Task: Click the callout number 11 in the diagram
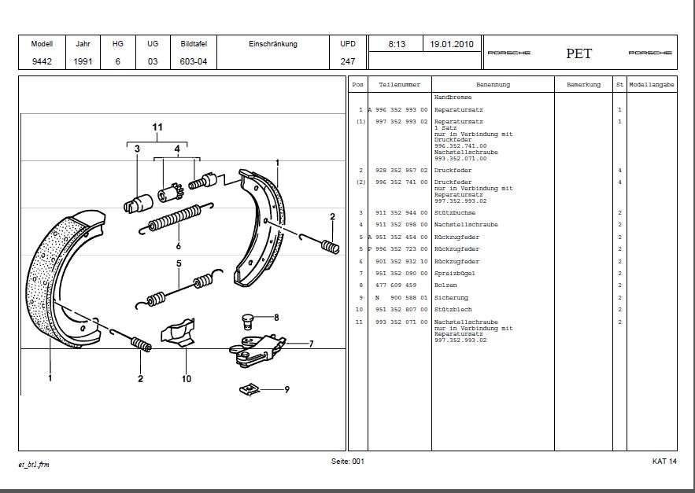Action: (x=157, y=127)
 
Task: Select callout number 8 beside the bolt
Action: (x=275, y=318)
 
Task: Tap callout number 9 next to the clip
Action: (x=287, y=388)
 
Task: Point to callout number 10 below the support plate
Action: (x=187, y=378)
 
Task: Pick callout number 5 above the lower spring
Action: (x=179, y=264)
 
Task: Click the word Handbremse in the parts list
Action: (x=453, y=97)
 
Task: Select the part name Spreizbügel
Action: (x=454, y=274)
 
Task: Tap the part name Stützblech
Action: (x=453, y=310)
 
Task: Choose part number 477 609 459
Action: (x=397, y=285)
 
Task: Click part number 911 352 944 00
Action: (x=402, y=212)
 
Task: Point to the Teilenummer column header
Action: (x=399, y=85)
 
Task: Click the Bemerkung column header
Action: (x=583, y=85)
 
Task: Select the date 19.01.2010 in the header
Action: (x=452, y=44)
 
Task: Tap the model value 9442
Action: (x=42, y=61)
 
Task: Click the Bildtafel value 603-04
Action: (x=193, y=61)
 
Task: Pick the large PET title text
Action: (x=579, y=53)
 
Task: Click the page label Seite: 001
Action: (x=347, y=461)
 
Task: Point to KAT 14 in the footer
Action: (x=664, y=461)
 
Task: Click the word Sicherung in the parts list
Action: (x=451, y=298)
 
